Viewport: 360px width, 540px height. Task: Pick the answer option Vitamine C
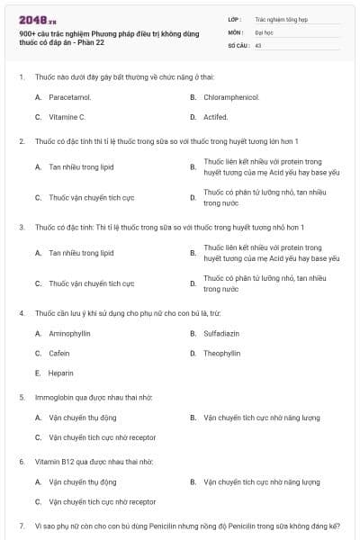tap(67, 117)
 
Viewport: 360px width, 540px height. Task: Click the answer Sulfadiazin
tap(221, 333)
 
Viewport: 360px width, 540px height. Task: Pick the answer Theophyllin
tap(222, 353)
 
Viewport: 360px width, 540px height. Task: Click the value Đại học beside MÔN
tap(264, 31)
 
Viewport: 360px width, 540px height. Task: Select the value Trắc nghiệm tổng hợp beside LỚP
tap(281, 19)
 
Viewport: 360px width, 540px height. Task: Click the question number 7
tap(22, 526)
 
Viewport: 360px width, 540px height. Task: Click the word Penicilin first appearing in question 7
tap(161, 526)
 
